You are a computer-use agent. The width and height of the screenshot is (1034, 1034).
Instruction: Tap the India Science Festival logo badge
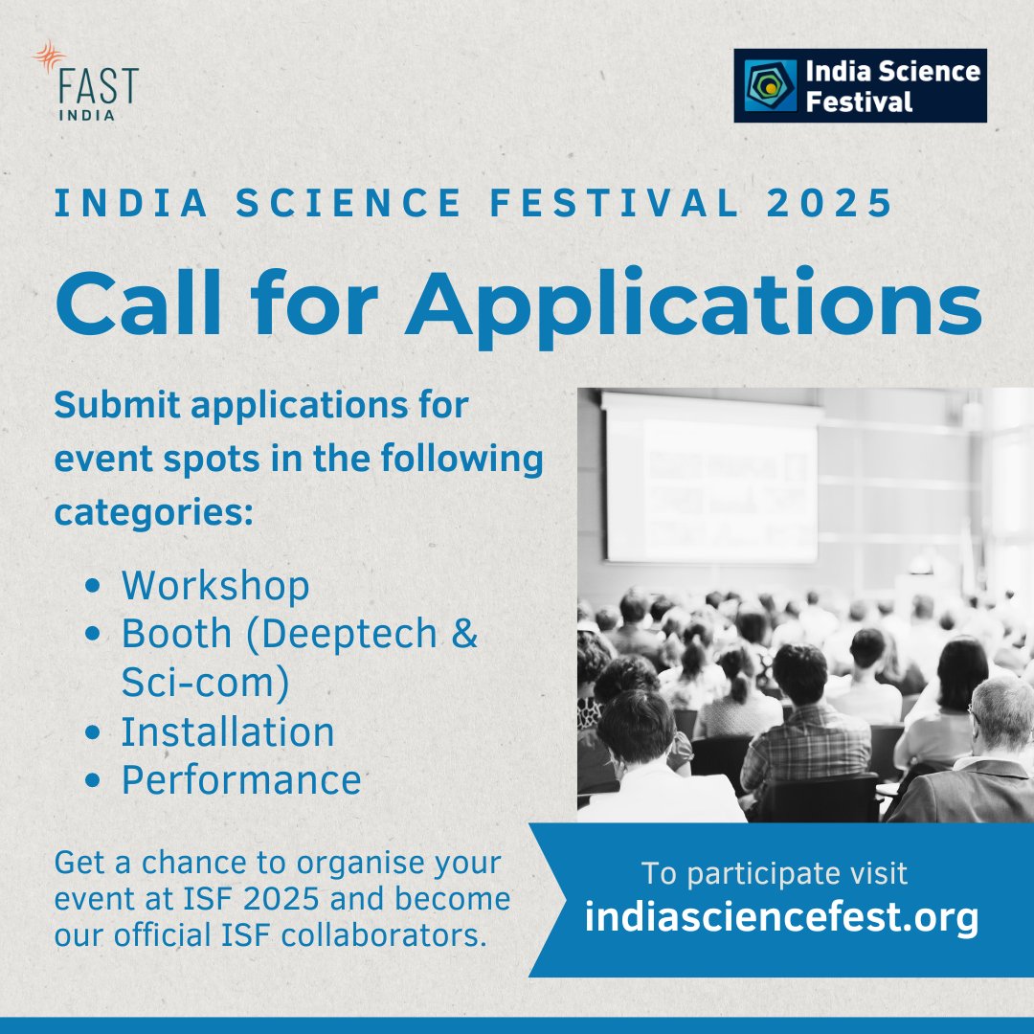pyautogui.click(x=860, y=86)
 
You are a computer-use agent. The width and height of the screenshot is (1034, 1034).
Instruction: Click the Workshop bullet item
pyautogui.click(x=214, y=586)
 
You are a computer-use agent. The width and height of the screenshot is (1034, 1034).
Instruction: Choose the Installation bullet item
pyautogui.click(x=228, y=732)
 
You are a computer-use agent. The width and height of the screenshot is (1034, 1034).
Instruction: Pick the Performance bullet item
pyautogui.click(x=240, y=780)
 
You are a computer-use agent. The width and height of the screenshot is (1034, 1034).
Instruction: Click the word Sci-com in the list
pyautogui.click(x=197, y=684)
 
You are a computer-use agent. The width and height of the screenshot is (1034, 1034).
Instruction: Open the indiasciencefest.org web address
pyautogui.click(x=781, y=917)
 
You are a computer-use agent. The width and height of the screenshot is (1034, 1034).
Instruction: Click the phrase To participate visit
pyautogui.click(x=774, y=873)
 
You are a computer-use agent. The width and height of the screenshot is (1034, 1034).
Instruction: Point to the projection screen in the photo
pyautogui.click(x=710, y=479)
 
